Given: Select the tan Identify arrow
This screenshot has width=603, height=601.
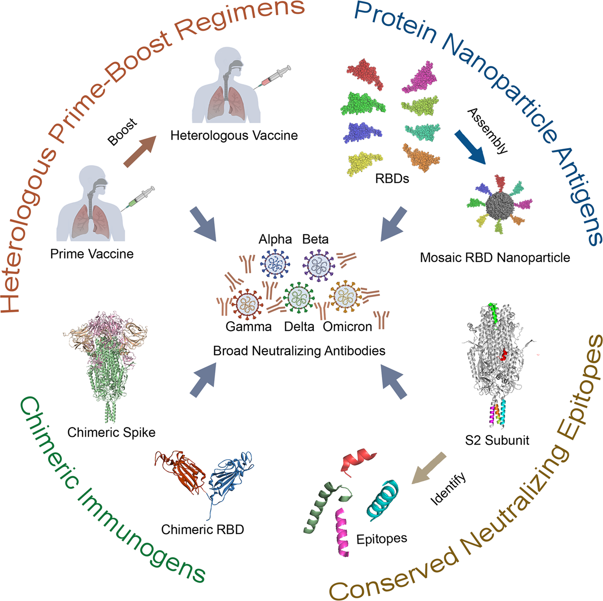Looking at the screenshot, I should [429, 468].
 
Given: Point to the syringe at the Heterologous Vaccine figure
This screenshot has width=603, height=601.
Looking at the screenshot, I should [271, 77].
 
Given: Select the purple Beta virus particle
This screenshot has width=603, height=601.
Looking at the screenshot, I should [319, 265].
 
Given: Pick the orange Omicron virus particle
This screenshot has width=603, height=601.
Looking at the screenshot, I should [345, 296].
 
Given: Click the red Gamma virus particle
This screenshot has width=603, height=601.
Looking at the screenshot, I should [247, 303].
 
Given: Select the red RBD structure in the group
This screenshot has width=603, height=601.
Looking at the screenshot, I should [365, 74].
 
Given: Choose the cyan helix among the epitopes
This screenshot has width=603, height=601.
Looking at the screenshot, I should [382, 499].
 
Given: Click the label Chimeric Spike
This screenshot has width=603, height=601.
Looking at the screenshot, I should [111, 432].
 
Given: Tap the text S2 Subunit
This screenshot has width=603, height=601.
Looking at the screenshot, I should [497, 440].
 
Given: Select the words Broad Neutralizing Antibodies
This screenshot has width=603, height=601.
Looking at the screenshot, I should [299, 351].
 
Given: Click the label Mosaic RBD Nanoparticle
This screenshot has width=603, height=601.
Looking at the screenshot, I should [495, 258].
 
